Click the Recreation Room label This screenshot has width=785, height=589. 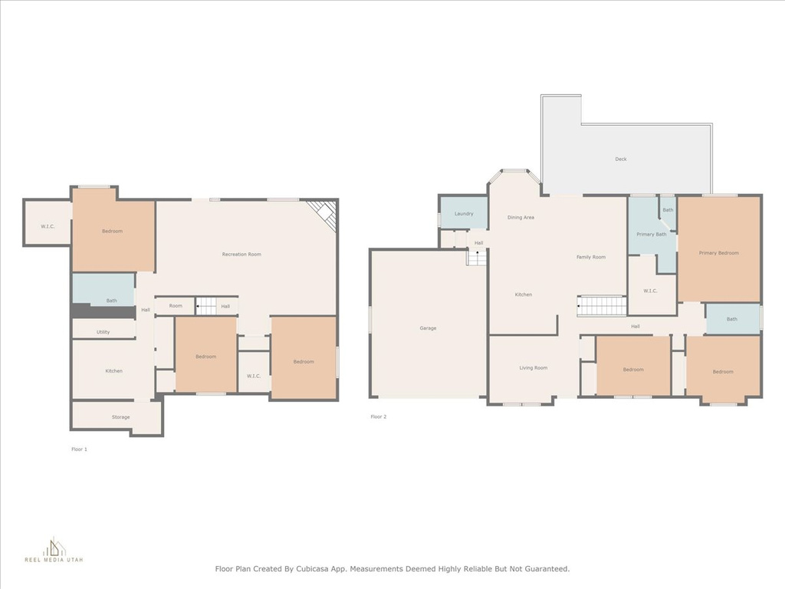tap(241, 255)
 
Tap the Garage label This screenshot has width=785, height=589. tap(428, 328)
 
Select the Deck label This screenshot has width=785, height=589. tap(621, 160)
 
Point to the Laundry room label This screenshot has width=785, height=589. tap(464, 214)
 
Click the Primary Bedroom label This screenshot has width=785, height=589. tap(718, 253)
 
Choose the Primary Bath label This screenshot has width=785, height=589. tap(652, 235)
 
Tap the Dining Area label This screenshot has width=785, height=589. tap(521, 218)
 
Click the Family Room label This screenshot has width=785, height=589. tap(591, 258)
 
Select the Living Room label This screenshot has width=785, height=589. tap(534, 368)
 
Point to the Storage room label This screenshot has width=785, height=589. tap(120, 417)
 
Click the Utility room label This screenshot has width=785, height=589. tap(103, 332)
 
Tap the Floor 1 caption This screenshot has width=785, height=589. tap(79, 449)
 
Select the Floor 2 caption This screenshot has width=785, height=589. tap(379, 416)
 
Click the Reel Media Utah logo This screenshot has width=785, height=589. tap(54, 549)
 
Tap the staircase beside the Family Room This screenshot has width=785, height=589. tap(602, 306)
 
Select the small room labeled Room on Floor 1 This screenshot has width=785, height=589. tap(175, 306)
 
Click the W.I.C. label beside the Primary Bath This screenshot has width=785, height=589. tap(650, 291)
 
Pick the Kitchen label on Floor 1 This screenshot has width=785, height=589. tap(113, 371)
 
